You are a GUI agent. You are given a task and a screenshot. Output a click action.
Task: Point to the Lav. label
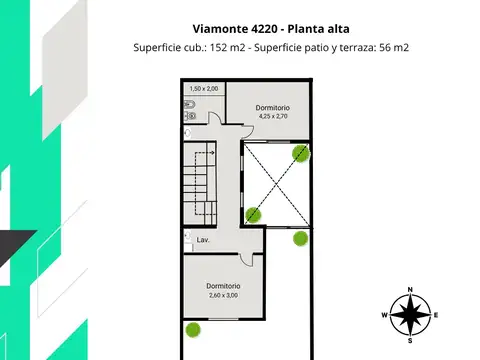coord(202,240)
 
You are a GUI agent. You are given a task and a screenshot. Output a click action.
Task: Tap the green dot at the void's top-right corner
coord(300,153)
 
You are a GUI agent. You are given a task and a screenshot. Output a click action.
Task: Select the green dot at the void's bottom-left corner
coord(253,213)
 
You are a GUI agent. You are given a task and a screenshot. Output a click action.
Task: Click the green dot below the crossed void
coord(300,238)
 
